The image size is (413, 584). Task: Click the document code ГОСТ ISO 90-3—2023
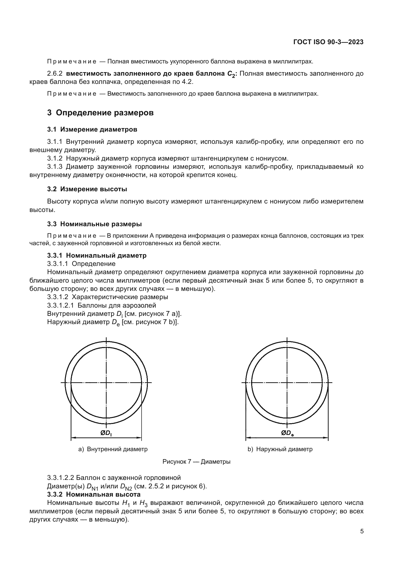[328, 42]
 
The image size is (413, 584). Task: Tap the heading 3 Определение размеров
[100, 112]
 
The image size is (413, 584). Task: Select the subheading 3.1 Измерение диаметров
[92, 130]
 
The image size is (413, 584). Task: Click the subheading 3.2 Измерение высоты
[87, 189]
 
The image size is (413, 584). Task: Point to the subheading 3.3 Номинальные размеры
[94, 224]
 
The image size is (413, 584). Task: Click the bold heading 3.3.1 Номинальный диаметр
[97, 255]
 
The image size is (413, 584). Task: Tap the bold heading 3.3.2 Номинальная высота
[94, 494]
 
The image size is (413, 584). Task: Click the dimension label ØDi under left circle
[106, 433]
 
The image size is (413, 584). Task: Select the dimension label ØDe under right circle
[287, 433]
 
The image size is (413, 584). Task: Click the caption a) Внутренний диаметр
[113, 449]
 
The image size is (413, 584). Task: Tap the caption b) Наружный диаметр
[280, 449]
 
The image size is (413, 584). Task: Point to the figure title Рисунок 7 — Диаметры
[196, 462]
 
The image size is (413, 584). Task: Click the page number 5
[362, 531]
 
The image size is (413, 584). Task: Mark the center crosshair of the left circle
[106, 383]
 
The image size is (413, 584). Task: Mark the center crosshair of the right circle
[287, 383]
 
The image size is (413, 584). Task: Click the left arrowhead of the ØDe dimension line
[248, 438]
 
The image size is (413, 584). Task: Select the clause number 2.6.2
[55, 74]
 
